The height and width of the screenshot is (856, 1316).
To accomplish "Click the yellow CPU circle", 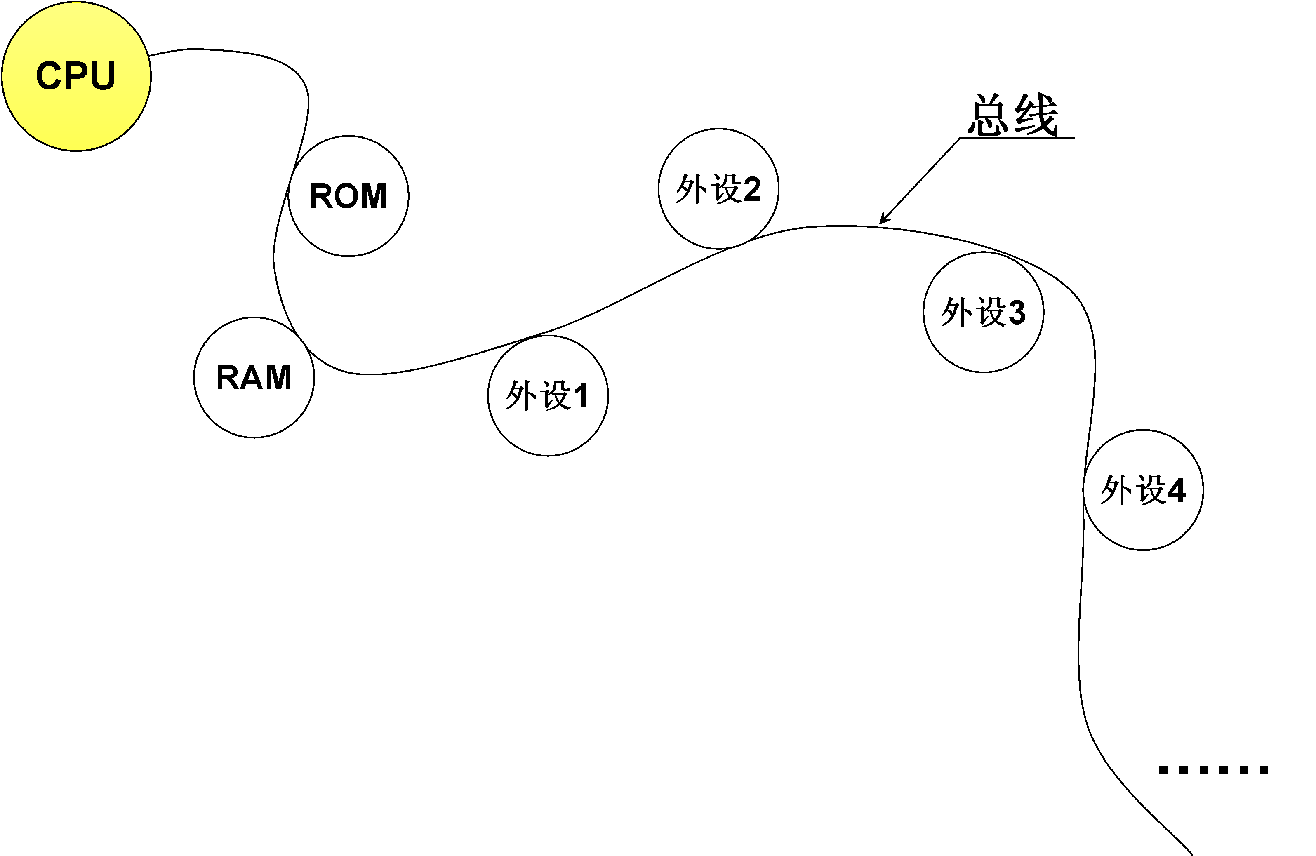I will click(76, 76).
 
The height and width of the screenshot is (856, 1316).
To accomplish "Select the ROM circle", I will click(348, 196).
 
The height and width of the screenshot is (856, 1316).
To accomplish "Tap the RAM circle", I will click(254, 378).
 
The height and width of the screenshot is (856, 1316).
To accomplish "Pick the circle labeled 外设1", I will click(548, 396).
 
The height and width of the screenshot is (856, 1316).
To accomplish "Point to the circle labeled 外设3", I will click(983, 313).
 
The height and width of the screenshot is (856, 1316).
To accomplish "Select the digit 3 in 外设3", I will click(1016, 313).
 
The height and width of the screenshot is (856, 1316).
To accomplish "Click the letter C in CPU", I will click(49, 76).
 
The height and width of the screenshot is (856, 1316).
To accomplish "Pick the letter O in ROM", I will click(348, 196).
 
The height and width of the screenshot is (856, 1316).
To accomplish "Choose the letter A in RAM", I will click(253, 378).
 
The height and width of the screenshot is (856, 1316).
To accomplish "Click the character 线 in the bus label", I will click(1037, 115).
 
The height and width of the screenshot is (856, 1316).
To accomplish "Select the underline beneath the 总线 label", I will click(1017, 138).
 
